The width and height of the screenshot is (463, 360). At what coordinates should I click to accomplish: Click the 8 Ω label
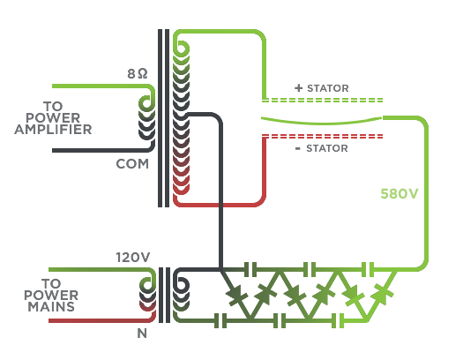(138, 74)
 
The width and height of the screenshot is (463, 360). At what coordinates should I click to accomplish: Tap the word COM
(132, 164)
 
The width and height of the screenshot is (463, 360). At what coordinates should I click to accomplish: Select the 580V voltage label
(400, 194)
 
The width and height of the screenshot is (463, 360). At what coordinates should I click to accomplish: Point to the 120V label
(133, 258)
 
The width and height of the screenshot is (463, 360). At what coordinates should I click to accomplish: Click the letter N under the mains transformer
(142, 334)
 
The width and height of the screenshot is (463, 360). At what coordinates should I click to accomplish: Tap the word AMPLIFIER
(53, 130)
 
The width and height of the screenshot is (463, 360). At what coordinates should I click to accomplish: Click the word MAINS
(51, 307)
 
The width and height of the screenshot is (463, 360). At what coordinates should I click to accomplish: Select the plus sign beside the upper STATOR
(299, 87)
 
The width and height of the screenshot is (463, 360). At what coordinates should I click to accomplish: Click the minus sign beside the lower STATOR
(298, 148)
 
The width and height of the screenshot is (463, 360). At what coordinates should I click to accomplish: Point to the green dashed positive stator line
(323, 100)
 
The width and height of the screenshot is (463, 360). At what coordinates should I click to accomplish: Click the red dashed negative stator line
(323, 136)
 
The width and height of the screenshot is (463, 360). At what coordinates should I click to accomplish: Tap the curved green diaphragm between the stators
(321, 121)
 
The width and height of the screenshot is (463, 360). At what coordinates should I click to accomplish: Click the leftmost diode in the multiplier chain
(236, 295)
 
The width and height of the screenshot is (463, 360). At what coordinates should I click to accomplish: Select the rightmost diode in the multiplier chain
(383, 294)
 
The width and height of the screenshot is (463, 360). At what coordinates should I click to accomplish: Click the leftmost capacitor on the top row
(250, 269)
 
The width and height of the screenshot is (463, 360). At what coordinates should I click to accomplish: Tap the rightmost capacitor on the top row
(368, 269)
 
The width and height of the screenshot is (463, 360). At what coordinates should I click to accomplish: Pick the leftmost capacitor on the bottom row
(220, 320)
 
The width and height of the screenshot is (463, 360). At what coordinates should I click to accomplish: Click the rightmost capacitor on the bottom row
(339, 320)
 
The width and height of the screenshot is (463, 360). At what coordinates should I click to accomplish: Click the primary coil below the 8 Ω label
(146, 118)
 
